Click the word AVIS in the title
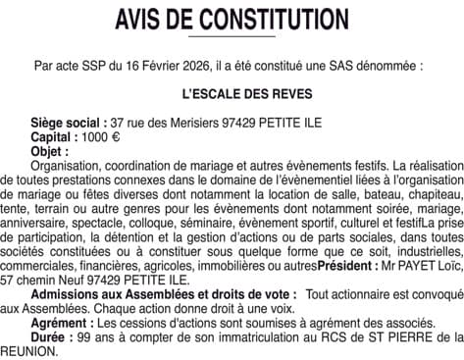pyautogui.click(x=145, y=20)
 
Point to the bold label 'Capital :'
pyautogui.click(x=56, y=138)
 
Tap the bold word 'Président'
pyautogui.click(x=350, y=266)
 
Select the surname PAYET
pyautogui.click(x=417, y=266)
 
